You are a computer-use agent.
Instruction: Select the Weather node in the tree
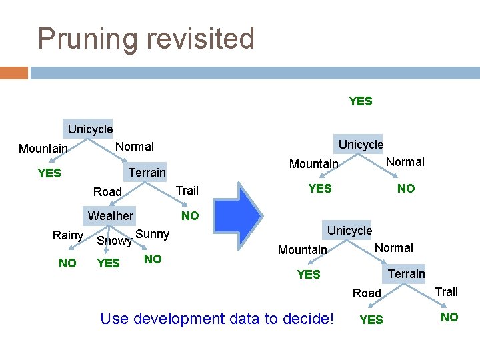point(111,215)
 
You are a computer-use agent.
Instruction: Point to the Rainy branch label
point(68,235)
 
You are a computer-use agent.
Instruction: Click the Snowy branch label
point(114,241)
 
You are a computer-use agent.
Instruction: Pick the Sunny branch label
point(153,234)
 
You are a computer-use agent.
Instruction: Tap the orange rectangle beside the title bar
point(13,72)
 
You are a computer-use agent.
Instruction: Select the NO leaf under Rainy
point(67,263)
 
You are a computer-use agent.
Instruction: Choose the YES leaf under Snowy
point(108,263)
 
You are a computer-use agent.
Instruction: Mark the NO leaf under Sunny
point(153,259)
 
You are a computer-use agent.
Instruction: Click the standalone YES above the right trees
point(361,101)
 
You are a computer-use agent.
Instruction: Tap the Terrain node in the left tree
point(147,172)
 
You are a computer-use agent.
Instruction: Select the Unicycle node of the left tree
point(90,129)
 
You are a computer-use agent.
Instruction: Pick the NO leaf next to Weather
point(190,215)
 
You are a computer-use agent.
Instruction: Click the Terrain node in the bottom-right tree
point(406,273)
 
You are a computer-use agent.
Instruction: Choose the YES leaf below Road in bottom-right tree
point(371,320)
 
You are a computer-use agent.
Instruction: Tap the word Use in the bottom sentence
point(114,319)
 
